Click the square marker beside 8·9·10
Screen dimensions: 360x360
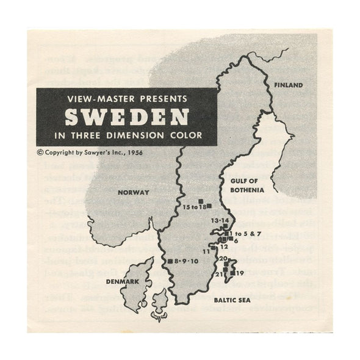(170, 261)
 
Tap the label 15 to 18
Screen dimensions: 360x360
(195, 207)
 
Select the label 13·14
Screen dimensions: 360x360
(219, 220)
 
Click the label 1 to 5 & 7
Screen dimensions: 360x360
(243, 234)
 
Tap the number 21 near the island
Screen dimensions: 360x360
(218, 275)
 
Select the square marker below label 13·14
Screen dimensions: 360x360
(225, 226)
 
